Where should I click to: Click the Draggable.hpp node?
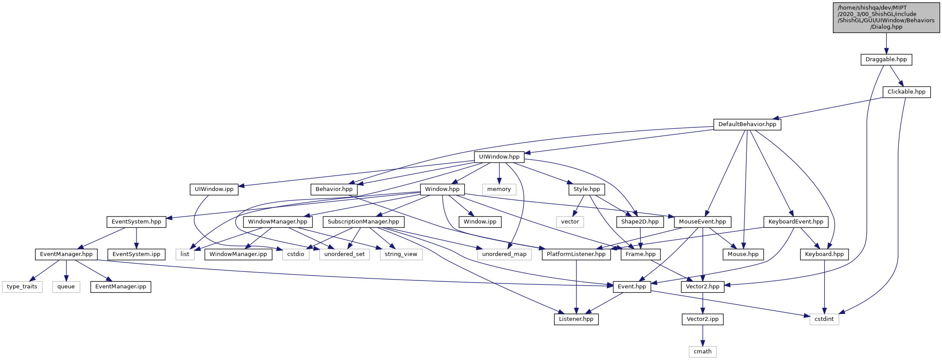click(886, 60)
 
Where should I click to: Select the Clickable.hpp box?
click(906, 92)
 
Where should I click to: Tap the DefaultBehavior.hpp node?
click(747, 124)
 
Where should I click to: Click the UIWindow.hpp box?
click(499, 157)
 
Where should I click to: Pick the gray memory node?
click(499, 189)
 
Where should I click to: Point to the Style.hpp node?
click(586, 189)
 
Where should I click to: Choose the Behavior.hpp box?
click(334, 189)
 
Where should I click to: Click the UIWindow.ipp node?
click(214, 189)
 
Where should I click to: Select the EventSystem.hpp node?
click(136, 222)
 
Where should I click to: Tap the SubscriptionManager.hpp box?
click(363, 222)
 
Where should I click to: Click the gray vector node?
click(570, 222)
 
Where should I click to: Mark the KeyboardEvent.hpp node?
click(796, 222)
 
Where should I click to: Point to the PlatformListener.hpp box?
click(576, 254)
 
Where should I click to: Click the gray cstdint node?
click(824, 319)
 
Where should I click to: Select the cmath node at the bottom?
click(702, 352)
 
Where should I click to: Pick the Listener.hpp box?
click(576, 319)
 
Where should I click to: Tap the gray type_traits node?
click(22, 287)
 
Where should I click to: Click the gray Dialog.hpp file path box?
click(886, 17)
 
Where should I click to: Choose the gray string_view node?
click(401, 254)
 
